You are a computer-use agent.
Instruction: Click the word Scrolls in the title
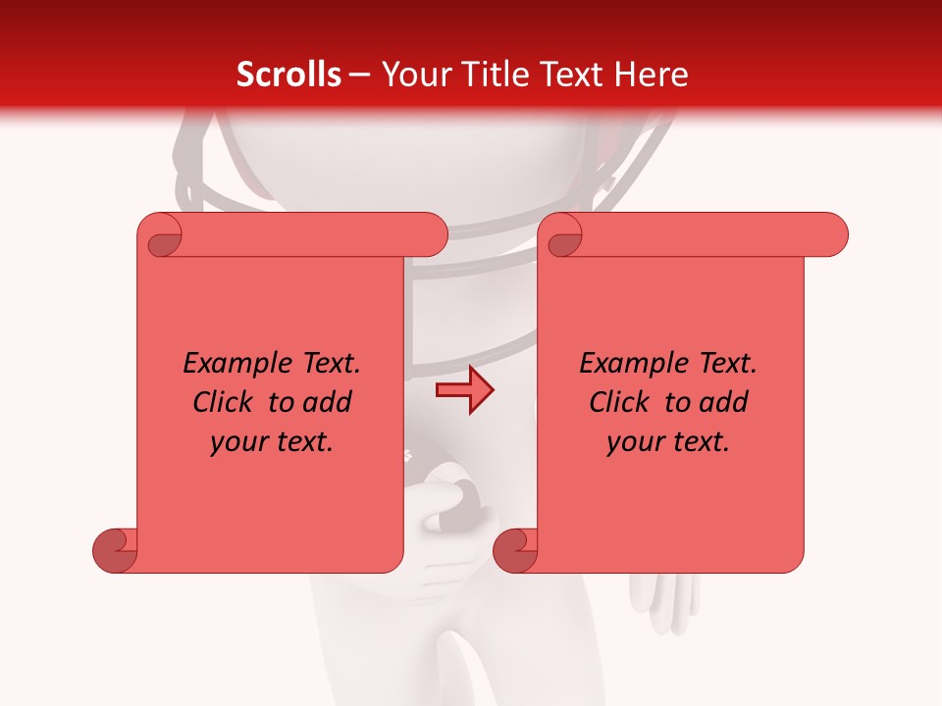pyautogui.click(x=288, y=75)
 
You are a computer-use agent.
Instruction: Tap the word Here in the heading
pyautogui.click(x=652, y=75)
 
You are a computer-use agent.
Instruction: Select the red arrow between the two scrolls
pyautogui.click(x=464, y=390)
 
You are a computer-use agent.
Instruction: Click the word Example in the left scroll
pyautogui.click(x=228, y=364)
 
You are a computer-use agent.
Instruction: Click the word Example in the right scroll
pyautogui.click(x=624, y=364)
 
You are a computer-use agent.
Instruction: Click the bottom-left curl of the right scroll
pyautogui.click(x=516, y=550)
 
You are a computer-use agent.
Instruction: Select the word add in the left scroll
pyautogui.click(x=327, y=402)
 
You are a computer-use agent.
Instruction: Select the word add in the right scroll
pyautogui.click(x=723, y=402)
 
